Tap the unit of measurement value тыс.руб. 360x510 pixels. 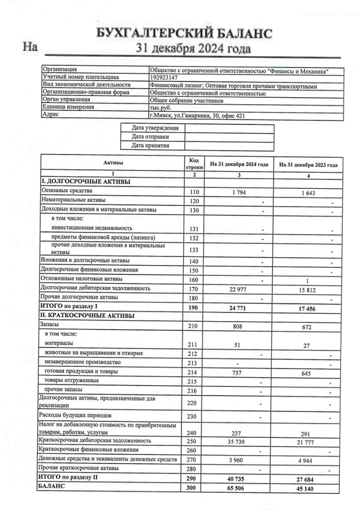tap(161, 107)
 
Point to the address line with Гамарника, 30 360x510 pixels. tap(197, 115)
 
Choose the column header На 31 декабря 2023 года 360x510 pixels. tap(307, 164)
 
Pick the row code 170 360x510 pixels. tap(194, 288)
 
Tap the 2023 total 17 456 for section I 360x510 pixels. tap(308, 309)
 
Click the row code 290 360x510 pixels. tap(194, 478)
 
